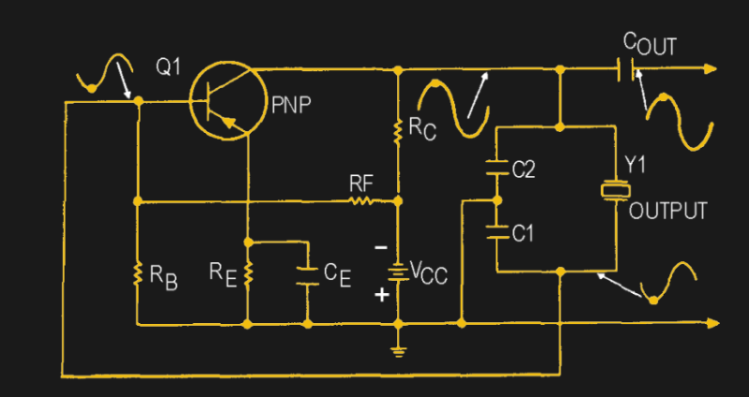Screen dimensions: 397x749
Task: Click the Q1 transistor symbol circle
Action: coord(225,101)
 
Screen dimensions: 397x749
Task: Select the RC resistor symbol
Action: coord(399,130)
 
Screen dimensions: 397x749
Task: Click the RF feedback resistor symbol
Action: coord(360,199)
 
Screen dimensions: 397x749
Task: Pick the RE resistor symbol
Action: coord(248,275)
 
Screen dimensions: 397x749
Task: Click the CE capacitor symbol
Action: coord(308,275)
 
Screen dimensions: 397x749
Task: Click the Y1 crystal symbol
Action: coord(614,191)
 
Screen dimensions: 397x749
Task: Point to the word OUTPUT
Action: coord(668,211)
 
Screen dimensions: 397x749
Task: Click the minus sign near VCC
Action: coord(380,248)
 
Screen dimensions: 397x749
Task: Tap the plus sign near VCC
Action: coord(380,296)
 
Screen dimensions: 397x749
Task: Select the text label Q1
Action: coord(169,68)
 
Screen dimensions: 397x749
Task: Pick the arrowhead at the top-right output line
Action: coord(712,69)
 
